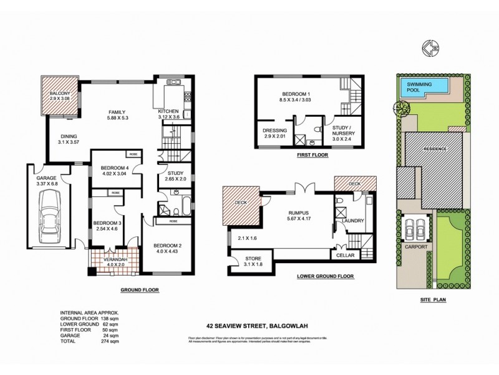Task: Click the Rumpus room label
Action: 299,212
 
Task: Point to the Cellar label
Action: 344,255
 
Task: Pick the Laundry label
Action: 353,221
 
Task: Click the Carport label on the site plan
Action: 417,247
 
